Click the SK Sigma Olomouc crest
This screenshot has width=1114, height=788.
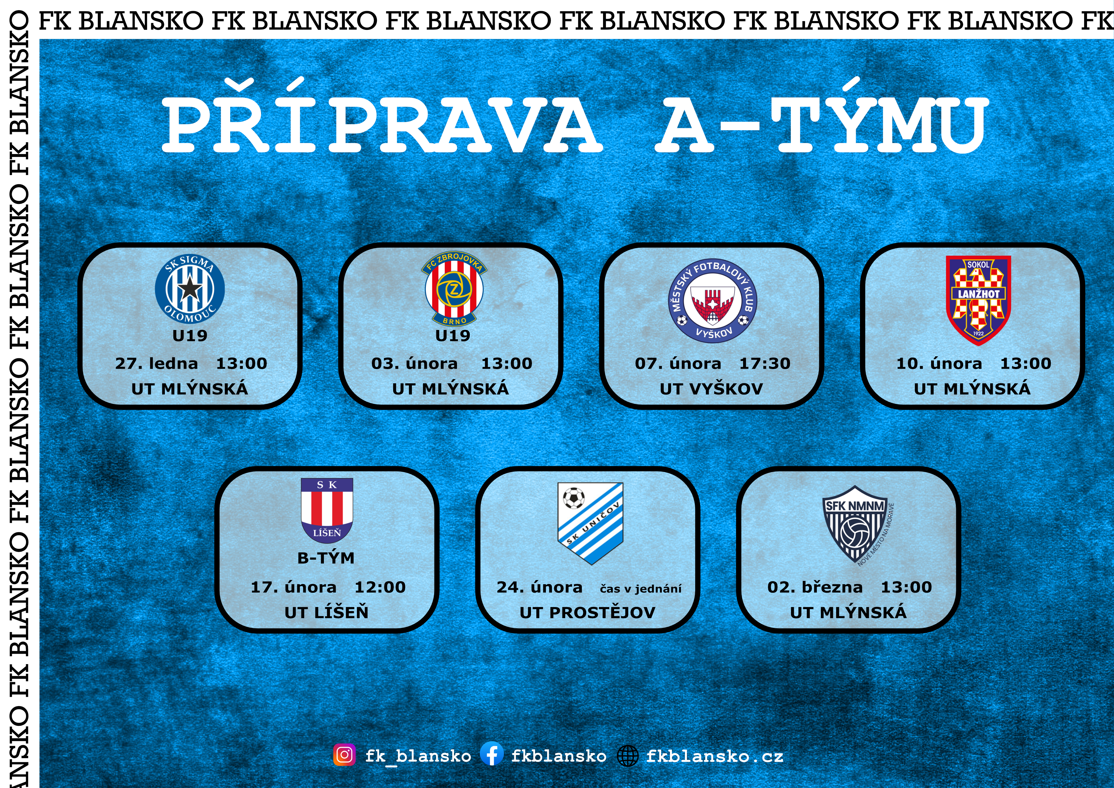pyautogui.click(x=190, y=289)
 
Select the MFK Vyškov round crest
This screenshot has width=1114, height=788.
pyautogui.click(x=712, y=301)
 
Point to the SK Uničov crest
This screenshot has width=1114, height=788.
pyautogui.click(x=590, y=523)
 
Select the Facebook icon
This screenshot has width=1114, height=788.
pyautogui.click(x=492, y=755)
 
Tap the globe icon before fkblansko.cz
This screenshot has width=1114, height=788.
pyautogui.click(x=628, y=756)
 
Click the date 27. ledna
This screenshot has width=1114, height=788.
pyautogui.click(x=156, y=363)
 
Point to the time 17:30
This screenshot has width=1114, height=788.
pyautogui.click(x=765, y=363)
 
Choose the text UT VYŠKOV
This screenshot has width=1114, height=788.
pyautogui.click(x=711, y=389)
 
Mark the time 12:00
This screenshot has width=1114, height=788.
pyautogui.click(x=380, y=587)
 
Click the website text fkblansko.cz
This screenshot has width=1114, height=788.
pyautogui.click(x=715, y=756)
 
